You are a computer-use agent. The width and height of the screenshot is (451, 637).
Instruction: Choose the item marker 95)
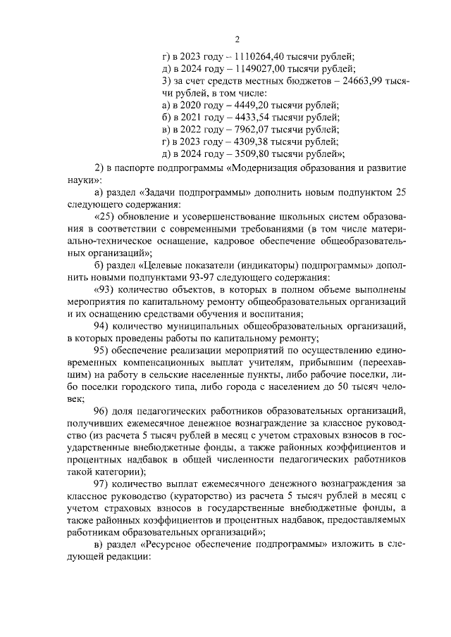click(x=103, y=350)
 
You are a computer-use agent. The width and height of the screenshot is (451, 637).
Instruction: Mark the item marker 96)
click(x=103, y=410)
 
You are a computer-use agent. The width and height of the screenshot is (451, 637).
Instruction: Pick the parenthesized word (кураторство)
click(x=186, y=496)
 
